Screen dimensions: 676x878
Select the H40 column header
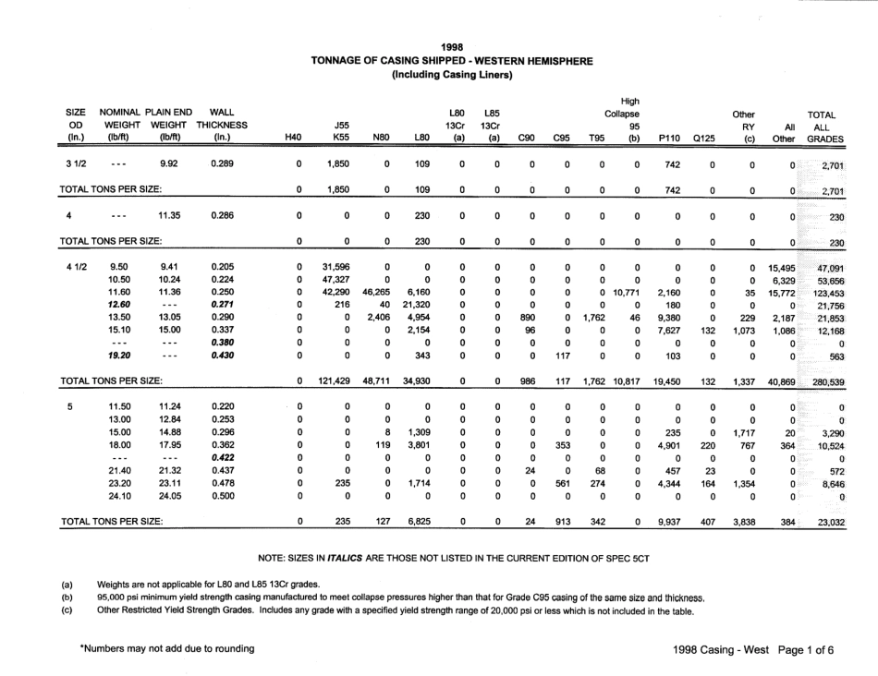click(293, 138)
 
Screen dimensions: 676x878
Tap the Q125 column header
click(705, 138)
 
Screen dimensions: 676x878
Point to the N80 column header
click(381, 138)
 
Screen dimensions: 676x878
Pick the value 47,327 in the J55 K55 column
click(336, 280)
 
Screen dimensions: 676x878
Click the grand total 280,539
click(828, 380)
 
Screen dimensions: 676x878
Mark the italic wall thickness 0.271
click(222, 306)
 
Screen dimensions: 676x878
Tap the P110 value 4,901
click(667, 444)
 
